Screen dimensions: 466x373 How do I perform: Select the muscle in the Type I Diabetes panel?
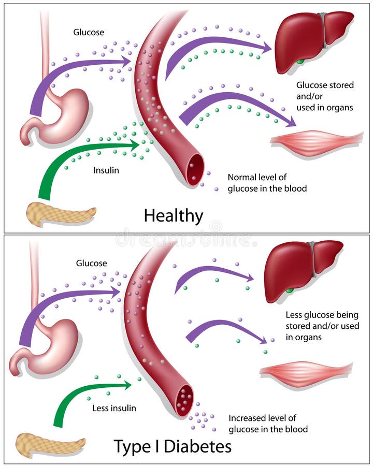pos(306,371)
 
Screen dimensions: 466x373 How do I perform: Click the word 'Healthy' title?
pos(174,215)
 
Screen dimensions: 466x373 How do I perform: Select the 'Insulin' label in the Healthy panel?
pos(106,170)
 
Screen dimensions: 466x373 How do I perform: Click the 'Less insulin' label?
pos(114,408)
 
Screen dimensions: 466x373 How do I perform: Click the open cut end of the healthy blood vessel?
pos(195,169)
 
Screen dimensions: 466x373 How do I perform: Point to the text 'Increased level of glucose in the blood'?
pos(268,423)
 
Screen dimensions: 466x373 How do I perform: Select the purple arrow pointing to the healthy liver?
pos(218,47)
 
